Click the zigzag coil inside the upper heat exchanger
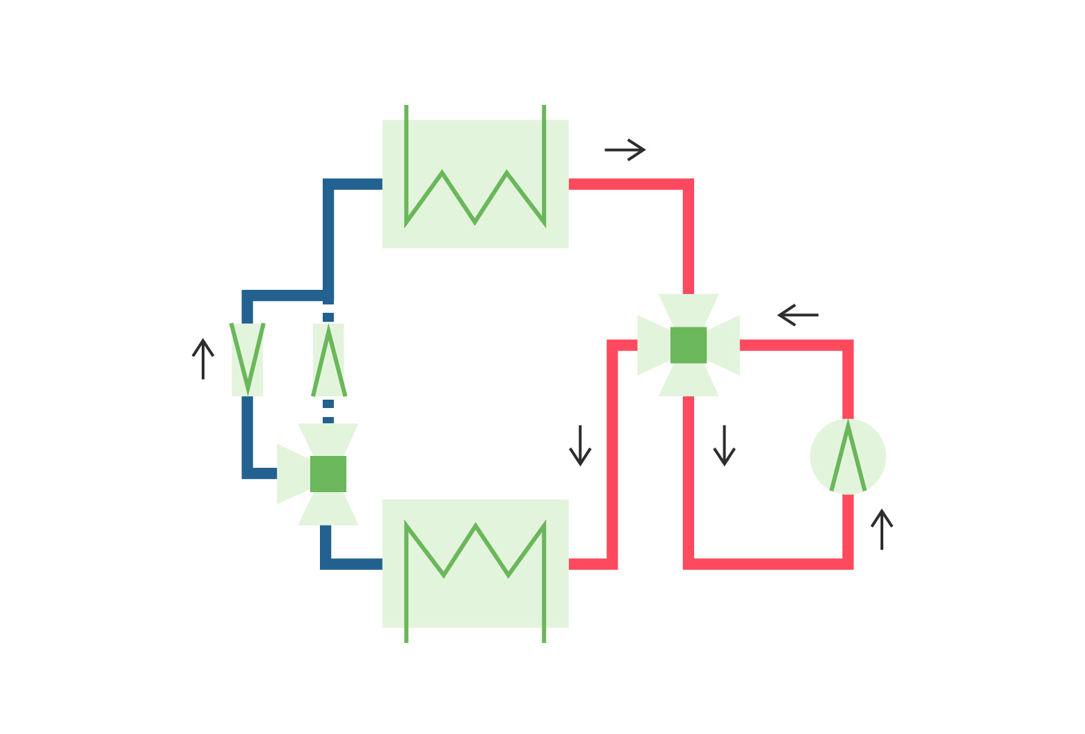[475, 198]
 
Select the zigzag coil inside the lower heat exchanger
[475, 549]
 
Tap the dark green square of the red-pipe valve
[689, 345]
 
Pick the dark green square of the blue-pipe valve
[328, 474]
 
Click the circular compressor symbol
[848, 457]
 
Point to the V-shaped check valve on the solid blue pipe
[248, 359]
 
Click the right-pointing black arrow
[625, 149]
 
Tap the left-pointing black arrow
[798, 315]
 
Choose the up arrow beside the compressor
[882, 530]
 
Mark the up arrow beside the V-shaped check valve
[202, 359]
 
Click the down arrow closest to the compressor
[724, 446]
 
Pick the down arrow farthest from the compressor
[580, 446]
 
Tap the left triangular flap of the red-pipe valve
[652, 345]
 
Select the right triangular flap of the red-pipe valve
[725, 345]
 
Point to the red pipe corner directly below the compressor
[848, 563]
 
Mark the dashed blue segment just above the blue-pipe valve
[328, 411]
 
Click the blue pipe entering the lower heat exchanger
[355, 563]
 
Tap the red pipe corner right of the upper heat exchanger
[688, 185]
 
